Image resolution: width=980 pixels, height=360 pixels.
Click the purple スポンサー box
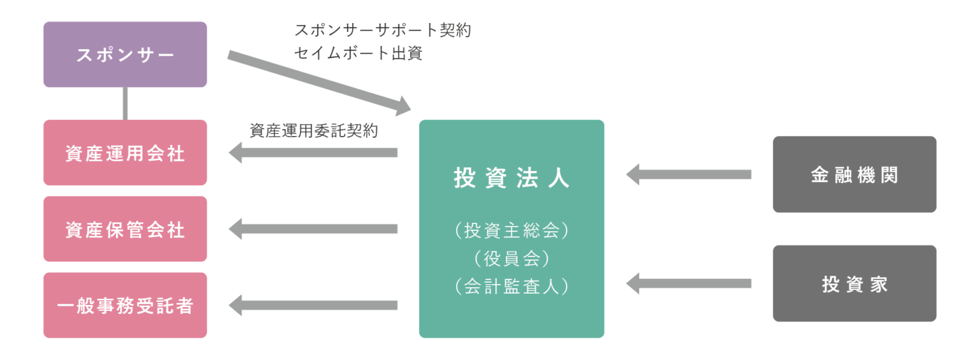125,54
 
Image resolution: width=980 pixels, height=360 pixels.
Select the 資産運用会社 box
125,153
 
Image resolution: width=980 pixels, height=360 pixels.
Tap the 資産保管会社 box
125,229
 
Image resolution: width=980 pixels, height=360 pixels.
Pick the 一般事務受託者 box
125,305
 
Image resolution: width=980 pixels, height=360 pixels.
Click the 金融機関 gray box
854,174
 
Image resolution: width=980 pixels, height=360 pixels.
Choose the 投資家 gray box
854,283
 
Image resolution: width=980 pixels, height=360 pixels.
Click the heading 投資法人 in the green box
511,179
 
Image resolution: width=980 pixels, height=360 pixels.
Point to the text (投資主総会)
511,230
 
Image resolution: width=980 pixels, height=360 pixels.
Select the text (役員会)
511,259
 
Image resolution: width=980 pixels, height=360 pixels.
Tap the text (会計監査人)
511,287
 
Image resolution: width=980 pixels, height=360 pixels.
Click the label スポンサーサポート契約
382,30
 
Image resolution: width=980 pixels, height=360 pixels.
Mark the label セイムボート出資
358,53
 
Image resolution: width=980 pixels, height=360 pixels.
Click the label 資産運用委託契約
313,131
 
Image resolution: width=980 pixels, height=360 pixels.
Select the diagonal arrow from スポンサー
319,82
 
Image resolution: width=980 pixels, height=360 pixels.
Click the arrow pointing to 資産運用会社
313,153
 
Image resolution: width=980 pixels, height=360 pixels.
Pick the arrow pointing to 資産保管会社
313,229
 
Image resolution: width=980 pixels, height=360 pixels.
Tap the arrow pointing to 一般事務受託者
313,305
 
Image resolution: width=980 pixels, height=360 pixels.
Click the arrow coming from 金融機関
688,174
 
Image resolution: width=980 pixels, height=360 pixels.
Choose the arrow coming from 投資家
688,283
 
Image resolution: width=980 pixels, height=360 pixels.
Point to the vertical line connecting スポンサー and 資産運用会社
125,103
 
